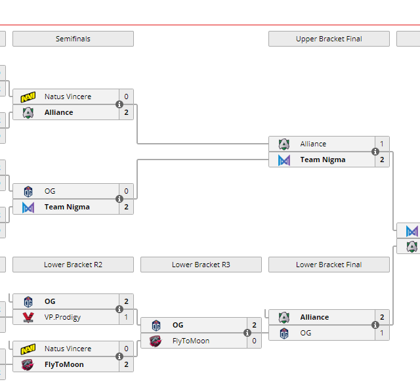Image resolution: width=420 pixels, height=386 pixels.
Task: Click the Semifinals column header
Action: [x=73, y=39]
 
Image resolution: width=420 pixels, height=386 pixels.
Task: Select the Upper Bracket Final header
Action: [x=329, y=39]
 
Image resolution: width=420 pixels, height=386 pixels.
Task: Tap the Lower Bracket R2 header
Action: [x=73, y=265]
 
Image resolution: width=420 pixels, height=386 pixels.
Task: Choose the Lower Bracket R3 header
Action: [x=201, y=265]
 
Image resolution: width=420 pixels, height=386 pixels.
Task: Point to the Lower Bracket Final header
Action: [x=329, y=265]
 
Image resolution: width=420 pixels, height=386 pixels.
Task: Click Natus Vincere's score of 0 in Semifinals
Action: [x=126, y=96]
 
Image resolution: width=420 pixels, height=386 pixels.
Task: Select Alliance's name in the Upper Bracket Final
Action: [x=313, y=144]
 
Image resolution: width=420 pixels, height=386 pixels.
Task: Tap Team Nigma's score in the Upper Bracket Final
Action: [x=382, y=160]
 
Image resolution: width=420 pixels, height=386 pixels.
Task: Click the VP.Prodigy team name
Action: [x=62, y=317]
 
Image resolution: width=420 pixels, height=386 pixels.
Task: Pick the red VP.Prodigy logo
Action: [x=28, y=318]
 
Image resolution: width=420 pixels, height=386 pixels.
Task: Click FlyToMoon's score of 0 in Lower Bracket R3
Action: [x=254, y=341]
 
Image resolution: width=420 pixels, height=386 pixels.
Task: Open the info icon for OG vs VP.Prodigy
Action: [x=119, y=309]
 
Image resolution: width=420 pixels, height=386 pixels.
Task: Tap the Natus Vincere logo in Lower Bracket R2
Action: [x=28, y=349]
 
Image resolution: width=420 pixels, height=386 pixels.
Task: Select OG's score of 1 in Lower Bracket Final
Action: [x=382, y=333]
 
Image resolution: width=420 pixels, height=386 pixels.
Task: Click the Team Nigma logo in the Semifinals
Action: [x=28, y=207]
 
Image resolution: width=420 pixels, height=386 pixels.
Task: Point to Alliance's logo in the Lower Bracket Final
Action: [x=283, y=317]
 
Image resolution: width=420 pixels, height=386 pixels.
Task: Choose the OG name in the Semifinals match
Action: [x=50, y=191]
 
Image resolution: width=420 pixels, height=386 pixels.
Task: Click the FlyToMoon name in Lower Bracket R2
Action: [x=64, y=364]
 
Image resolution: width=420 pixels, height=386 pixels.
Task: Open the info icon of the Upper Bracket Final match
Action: [x=375, y=152]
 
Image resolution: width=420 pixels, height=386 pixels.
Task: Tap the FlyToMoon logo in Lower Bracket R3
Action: [x=156, y=341]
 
